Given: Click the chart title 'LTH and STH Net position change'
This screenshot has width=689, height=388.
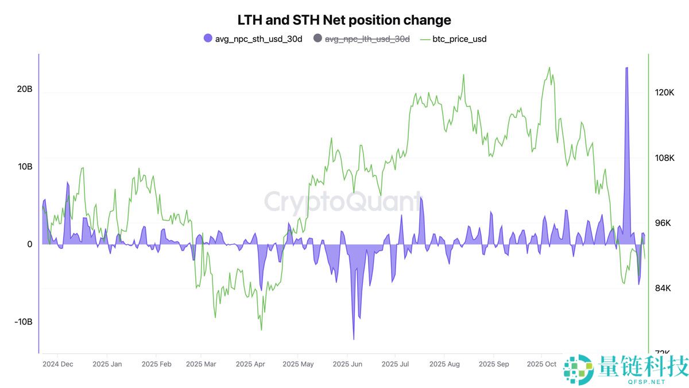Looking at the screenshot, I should coord(344,20).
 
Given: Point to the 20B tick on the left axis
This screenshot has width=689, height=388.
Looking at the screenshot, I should coord(25,89).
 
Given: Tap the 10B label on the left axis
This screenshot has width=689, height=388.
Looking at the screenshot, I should coord(25,167).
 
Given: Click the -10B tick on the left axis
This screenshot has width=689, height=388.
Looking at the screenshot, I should coord(23,321).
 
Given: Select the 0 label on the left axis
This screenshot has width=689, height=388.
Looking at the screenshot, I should coord(29,244).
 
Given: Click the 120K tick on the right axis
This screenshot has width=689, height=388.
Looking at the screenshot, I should coord(664,93).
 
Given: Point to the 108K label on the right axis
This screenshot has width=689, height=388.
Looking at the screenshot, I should coord(664,158).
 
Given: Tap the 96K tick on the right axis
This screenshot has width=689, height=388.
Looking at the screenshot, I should coord(664,223).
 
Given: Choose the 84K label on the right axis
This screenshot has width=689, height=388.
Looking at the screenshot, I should coord(664,288).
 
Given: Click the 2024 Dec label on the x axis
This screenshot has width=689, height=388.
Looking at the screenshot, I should coord(58,364).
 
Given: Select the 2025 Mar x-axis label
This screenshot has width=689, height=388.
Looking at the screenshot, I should coord(201,364).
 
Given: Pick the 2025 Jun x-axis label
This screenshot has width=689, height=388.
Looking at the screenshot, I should coord(347,364).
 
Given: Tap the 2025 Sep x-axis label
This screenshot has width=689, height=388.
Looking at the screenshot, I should coord(494,364).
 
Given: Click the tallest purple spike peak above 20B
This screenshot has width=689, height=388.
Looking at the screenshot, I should coord(626,68).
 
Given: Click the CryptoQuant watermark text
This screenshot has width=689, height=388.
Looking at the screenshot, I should coord(343,203).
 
